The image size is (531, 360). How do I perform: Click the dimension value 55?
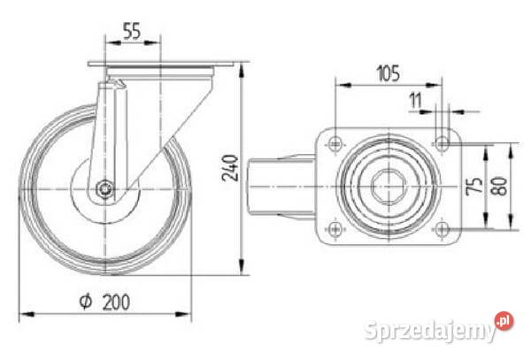pos(131,31)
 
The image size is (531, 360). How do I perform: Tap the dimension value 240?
pos(230,168)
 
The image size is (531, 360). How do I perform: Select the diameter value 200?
pos(116,303)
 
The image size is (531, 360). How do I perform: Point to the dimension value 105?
pos(389,73)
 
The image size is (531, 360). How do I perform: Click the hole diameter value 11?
pos(415,101)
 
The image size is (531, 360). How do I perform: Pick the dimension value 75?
pos(474,186)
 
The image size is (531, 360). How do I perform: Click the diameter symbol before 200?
pos(85,302)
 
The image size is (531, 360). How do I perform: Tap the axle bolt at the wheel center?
pos(105,188)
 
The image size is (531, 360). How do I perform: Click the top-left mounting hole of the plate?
pos(335,143)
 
